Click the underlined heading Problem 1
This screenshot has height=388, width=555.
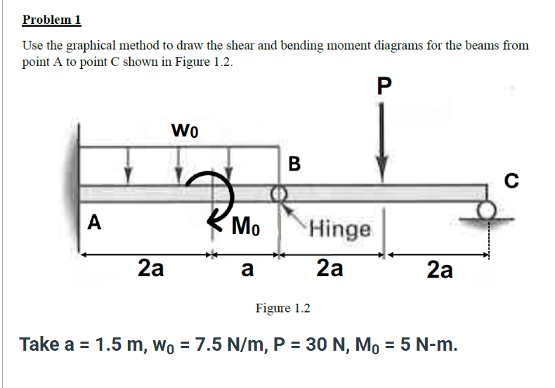click(x=52, y=20)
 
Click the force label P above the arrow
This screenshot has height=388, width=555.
click(x=384, y=86)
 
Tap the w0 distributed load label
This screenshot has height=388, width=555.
click(x=184, y=130)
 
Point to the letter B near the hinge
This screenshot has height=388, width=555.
click(x=294, y=164)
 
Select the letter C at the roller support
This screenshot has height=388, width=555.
click(x=511, y=180)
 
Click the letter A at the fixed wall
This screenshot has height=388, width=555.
click(x=94, y=222)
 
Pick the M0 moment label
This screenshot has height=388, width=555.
click(x=246, y=226)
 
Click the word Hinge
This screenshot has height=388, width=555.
click(x=340, y=229)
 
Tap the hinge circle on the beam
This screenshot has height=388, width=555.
click(x=279, y=193)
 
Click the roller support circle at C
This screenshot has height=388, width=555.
click(x=486, y=210)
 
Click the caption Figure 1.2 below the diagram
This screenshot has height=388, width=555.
click(x=283, y=308)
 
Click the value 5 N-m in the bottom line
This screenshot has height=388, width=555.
click(x=429, y=344)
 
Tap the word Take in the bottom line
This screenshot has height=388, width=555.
click(x=39, y=344)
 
